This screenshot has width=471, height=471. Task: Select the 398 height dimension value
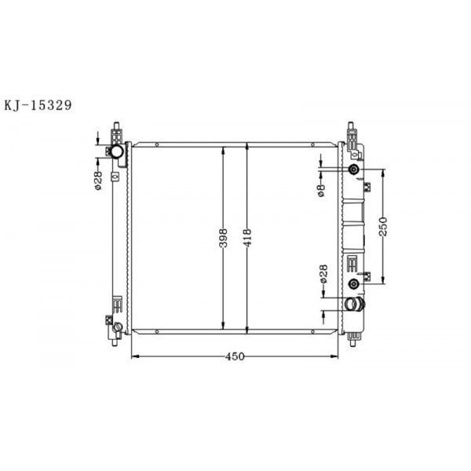pyautogui.click(x=224, y=237)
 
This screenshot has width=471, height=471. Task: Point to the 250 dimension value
pyautogui.click(x=384, y=227)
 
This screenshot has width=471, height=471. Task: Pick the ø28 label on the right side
pyautogui.click(x=323, y=274)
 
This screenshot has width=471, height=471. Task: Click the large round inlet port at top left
pyautogui.click(x=116, y=151)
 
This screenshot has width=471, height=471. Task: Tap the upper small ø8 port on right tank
pyautogui.click(x=354, y=170)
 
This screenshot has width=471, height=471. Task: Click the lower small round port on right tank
pyautogui.click(x=354, y=283)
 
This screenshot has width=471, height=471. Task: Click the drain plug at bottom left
pyautogui.click(x=117, y=327)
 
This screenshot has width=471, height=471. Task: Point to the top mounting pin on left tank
pyautogui.click(x=117, y=127)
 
